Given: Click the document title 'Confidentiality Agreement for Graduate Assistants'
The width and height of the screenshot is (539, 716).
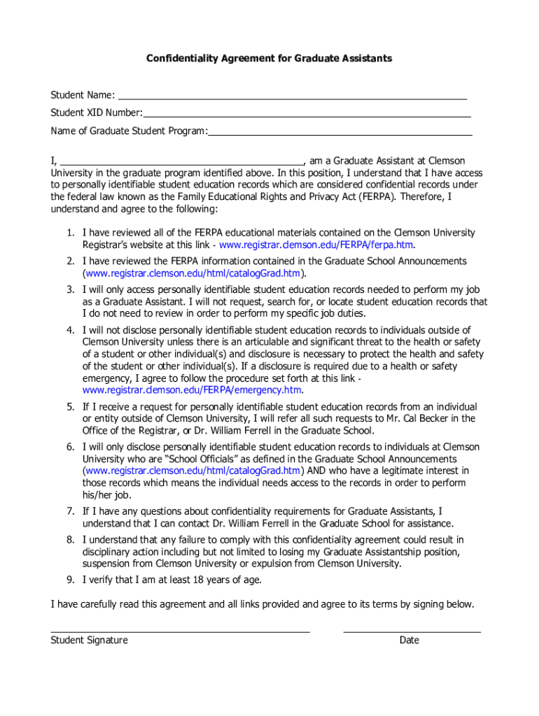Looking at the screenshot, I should (269, 59).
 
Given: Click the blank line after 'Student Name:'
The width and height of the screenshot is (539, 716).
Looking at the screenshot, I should (292, 99).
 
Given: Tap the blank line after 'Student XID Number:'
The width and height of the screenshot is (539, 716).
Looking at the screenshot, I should (307, 115).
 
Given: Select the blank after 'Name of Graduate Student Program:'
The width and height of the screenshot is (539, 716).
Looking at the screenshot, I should (340, 132).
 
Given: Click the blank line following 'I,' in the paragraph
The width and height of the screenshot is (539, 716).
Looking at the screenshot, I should (181, 162).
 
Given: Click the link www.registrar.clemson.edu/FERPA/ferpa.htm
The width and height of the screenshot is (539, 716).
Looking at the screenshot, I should (316, 245).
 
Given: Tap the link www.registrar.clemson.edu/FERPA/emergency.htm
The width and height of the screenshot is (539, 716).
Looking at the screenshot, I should (192, 390).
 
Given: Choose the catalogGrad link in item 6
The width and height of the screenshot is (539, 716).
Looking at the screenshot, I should (193, 471).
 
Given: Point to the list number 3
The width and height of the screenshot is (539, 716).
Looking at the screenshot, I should (71, 289).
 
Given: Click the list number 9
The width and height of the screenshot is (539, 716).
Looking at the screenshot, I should (71, 580).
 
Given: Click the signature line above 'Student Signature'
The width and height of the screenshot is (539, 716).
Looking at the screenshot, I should (180, 631).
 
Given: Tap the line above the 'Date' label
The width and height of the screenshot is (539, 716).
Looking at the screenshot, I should (412, 631).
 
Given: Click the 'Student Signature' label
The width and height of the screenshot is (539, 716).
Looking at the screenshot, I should (89, 640).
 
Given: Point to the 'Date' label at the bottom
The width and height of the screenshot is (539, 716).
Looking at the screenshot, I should (409, 640).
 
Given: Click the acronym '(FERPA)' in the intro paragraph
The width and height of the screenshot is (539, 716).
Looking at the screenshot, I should (379, 197).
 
